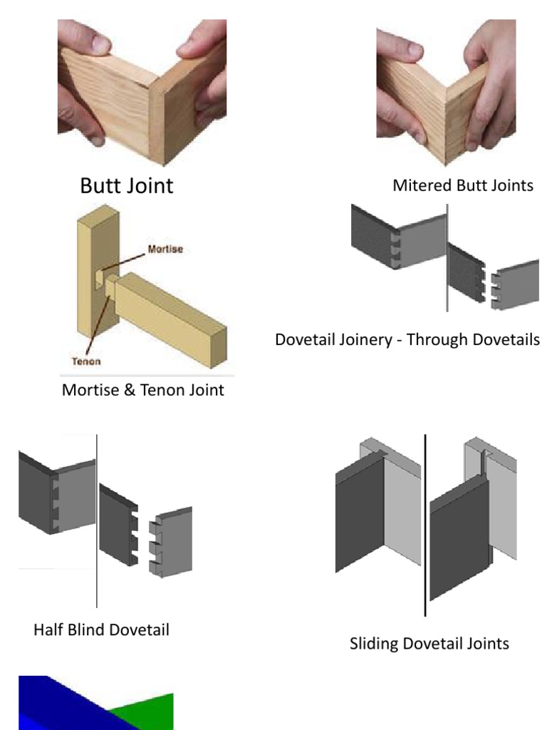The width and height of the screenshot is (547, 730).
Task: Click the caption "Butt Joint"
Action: pyautogui.click(x=126, y=186)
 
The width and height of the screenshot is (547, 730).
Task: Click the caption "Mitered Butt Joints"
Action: pyautogui.click(x=462, y=185)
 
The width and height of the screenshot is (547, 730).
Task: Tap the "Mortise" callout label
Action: pyautogui.click(x=165, y=250)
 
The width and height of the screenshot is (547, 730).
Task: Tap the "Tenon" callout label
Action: pyautogui.click(x=86, y=361)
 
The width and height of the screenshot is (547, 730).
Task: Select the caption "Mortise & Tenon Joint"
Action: pyautogui.click(x=142, y=390)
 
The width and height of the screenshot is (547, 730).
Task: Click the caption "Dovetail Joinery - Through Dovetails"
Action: pyautogui.click(x=407, y=339)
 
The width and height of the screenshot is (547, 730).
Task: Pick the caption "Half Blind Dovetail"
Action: pyautogui.click(x=101, y=630)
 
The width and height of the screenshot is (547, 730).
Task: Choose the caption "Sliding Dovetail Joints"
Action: pyautogui.click(x=429, y=644)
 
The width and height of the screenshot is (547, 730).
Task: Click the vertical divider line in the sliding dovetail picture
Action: pyautogui.click(x=425, y=524)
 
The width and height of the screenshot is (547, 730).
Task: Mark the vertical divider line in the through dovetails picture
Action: pyautogui.click(x=447, y=257)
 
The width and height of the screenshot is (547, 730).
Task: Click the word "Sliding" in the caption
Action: pyautogui.click(x=374, y=644)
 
